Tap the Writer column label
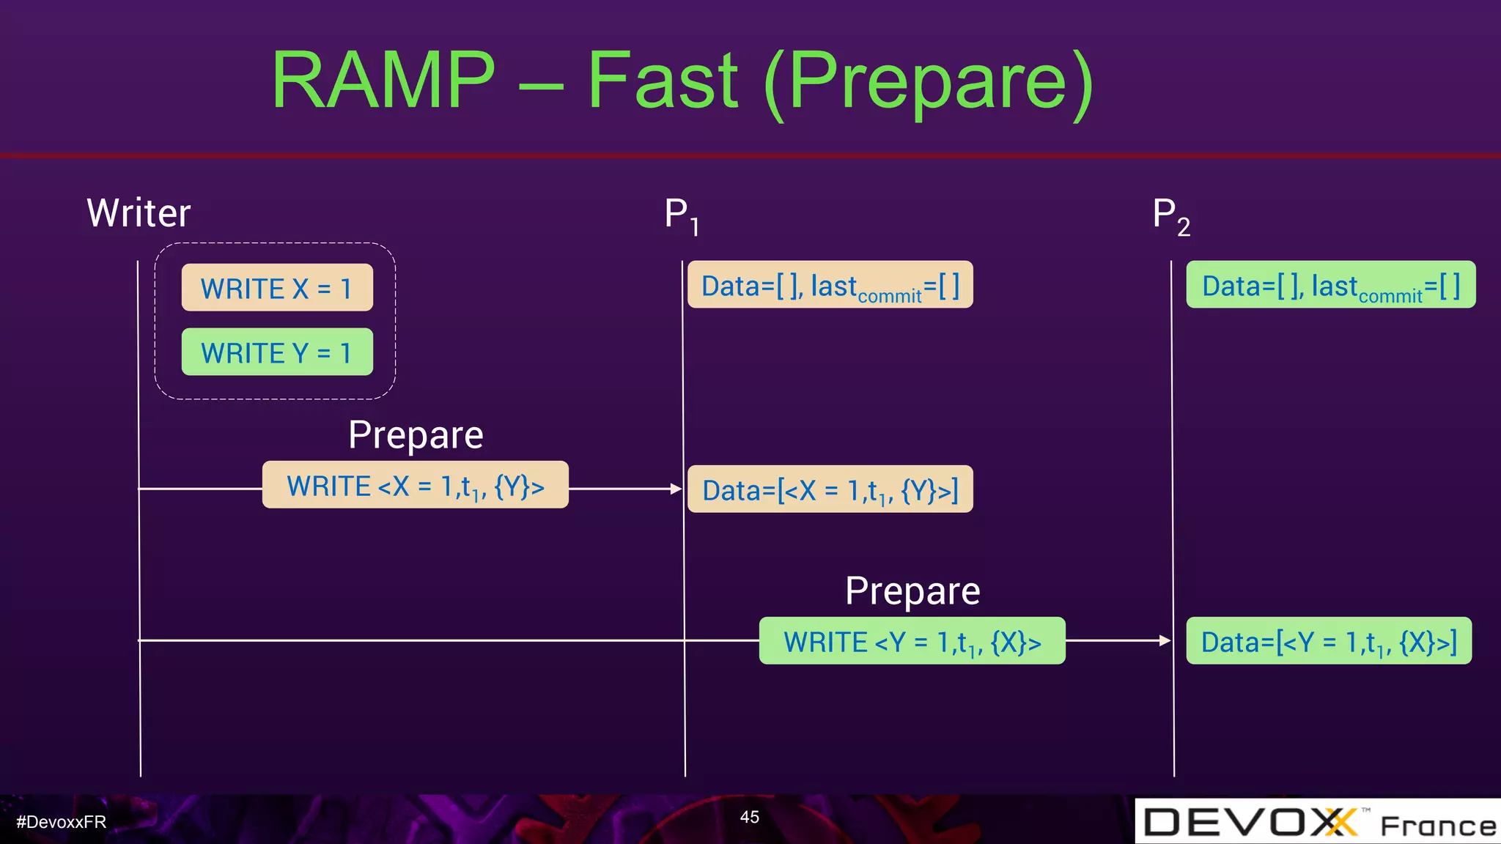click(139, 213)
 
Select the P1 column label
click(681, 215)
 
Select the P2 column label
click(1170, 215)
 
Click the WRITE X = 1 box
click(277, 288)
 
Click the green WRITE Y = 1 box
click(277, 352)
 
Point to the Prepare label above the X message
click(416, 434)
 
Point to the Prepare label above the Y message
click(912, 591)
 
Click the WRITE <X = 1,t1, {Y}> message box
click(415, 485)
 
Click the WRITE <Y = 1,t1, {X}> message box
click(912, 641)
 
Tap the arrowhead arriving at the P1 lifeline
click(676, 489)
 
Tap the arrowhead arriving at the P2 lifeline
click(1165, 640)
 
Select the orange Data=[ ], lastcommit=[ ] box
click(830, 285)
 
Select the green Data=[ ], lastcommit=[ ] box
click(1330, 285)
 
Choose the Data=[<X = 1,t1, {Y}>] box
click(830, 489)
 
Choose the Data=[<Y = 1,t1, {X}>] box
click(1328, 641)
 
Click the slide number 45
click(749, 817)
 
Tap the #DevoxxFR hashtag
click(62, 822)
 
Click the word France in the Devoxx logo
click(1437, 826)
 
